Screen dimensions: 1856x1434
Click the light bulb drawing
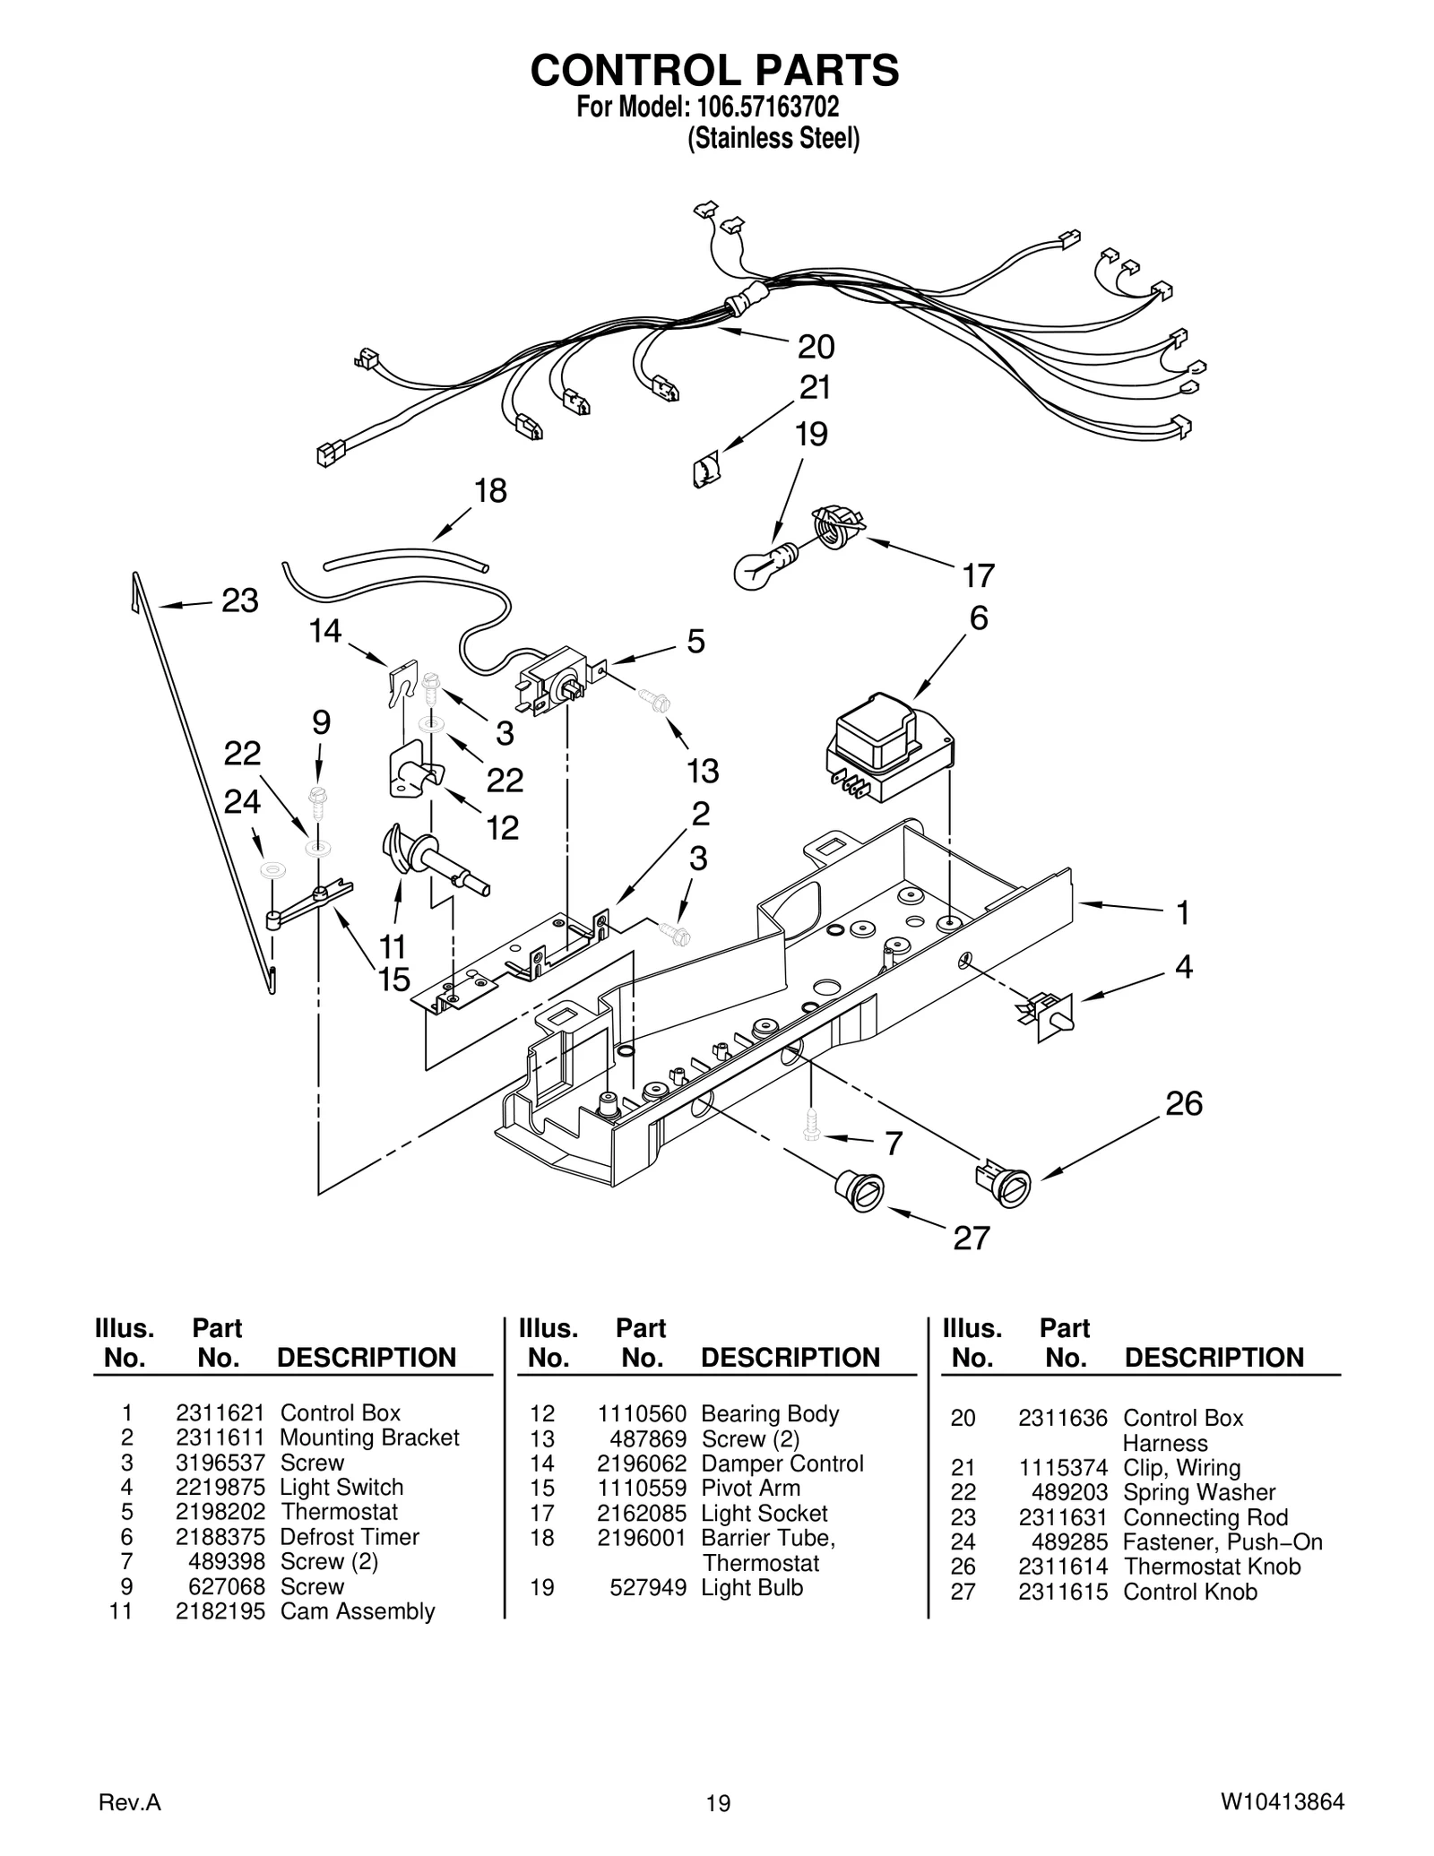(x=760, y=566)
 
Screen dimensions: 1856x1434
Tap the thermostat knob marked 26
(x=1004, y=1183)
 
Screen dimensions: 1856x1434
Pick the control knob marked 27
(x=860, y=1190)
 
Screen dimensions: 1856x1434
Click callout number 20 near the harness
(x=816, y=347)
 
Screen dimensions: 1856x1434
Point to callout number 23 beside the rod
(x=239, y=600)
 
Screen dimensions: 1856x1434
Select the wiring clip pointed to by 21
(x=706, y=469)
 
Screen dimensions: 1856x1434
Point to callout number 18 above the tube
(x=490, y=491)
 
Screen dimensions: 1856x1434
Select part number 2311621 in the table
(x=220, y=1413)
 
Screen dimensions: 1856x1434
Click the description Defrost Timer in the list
(x=350, y=1537)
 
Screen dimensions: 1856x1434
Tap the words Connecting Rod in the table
(x=1205, y=1518)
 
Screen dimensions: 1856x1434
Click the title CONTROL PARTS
(x=714, y=71)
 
